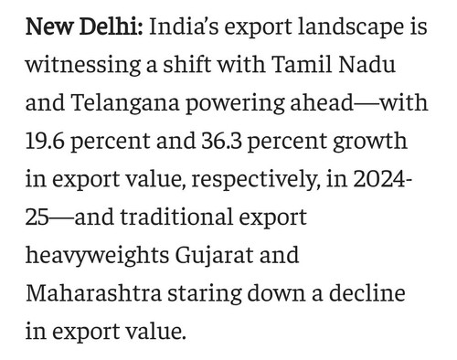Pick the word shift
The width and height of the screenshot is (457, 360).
[187, 64]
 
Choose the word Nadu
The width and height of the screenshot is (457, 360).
[367, 64]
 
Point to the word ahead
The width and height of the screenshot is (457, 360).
[322, 102]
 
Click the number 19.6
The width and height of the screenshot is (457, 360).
[45, 141]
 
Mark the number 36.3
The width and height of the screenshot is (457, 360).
[221, 141]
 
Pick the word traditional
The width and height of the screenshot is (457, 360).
[176, 217]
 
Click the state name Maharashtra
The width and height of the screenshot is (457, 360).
[94, 293]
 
